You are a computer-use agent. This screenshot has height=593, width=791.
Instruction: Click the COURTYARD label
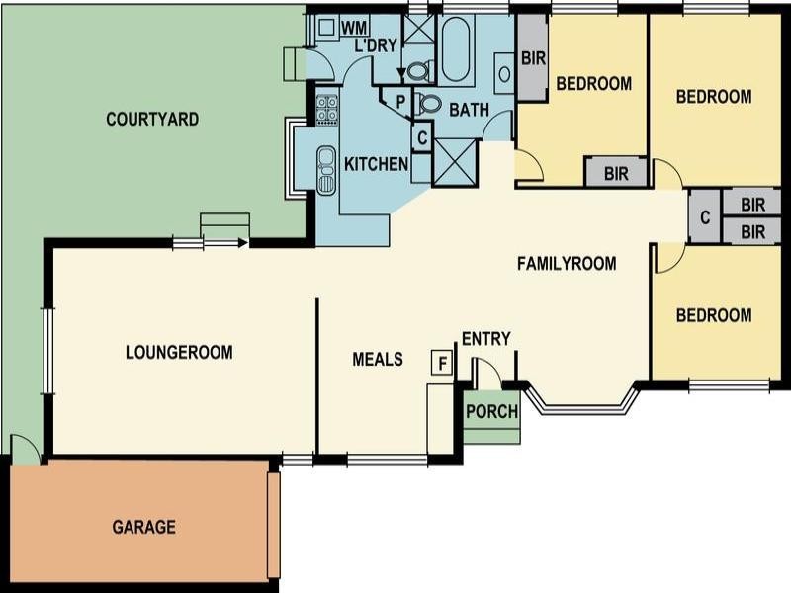click(152, 120)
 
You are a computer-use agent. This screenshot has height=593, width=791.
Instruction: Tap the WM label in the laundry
click(354, 27)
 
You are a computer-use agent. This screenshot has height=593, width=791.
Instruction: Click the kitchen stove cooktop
click(327, 108)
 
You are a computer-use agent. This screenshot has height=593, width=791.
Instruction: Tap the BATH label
click(469, 110)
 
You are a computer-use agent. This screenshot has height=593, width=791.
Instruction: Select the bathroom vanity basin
click(503, 72)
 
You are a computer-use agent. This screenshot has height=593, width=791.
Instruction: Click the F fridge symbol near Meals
click(442, 363)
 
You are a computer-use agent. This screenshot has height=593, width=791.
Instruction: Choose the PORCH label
click(491, 411)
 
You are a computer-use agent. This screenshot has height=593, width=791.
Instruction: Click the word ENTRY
click(486, 339)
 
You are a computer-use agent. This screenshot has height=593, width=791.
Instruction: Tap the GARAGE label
click(143, 527)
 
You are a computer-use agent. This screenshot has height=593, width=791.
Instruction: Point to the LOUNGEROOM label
click(179, 352)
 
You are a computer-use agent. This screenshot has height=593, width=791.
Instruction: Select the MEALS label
click(378, 359)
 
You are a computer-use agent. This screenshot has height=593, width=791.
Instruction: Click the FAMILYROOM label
click(567, 264)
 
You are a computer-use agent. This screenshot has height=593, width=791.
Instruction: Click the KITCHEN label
click(376, 164)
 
